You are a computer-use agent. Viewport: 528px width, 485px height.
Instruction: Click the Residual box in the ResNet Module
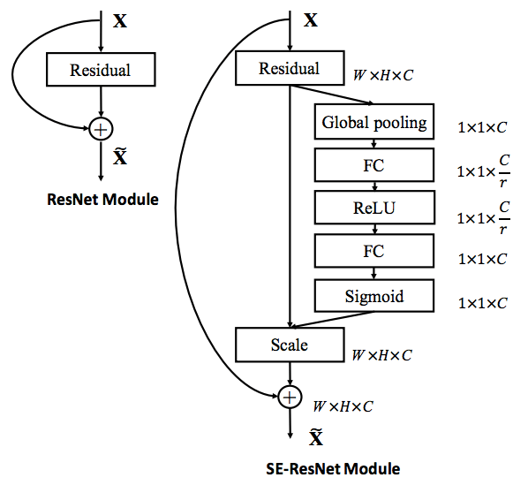pos(101,70)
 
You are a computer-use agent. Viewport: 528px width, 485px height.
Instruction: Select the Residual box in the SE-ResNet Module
pos(289,69)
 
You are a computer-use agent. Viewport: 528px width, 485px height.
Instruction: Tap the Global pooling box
pos(374,123)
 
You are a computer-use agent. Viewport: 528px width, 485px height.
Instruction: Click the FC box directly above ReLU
pos(374,165)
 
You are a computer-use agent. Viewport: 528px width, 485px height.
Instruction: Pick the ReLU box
pos(374,208)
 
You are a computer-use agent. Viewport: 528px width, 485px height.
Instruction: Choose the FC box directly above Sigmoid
pos(374,251)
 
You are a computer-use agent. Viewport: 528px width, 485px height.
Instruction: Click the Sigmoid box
pos(374,296)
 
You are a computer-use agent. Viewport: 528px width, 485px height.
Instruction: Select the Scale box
pos(289,344)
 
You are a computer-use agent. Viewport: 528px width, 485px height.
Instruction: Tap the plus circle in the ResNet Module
pos(101,129)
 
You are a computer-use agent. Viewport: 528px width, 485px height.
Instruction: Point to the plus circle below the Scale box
pos(289,398)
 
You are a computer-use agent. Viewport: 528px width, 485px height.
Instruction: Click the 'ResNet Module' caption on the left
pos(102,200)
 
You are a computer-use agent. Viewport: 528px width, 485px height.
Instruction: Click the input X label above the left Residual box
pos(119,19)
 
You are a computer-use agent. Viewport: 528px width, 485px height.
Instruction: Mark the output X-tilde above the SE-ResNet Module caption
pos(315,437)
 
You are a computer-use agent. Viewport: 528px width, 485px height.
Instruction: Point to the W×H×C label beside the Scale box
pos(382,355)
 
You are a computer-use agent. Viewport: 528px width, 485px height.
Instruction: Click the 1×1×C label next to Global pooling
pos(482,127)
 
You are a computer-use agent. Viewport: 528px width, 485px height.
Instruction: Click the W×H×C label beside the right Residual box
pos(382,76)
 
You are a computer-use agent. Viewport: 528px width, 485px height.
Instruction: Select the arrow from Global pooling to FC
pos(374,144)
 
